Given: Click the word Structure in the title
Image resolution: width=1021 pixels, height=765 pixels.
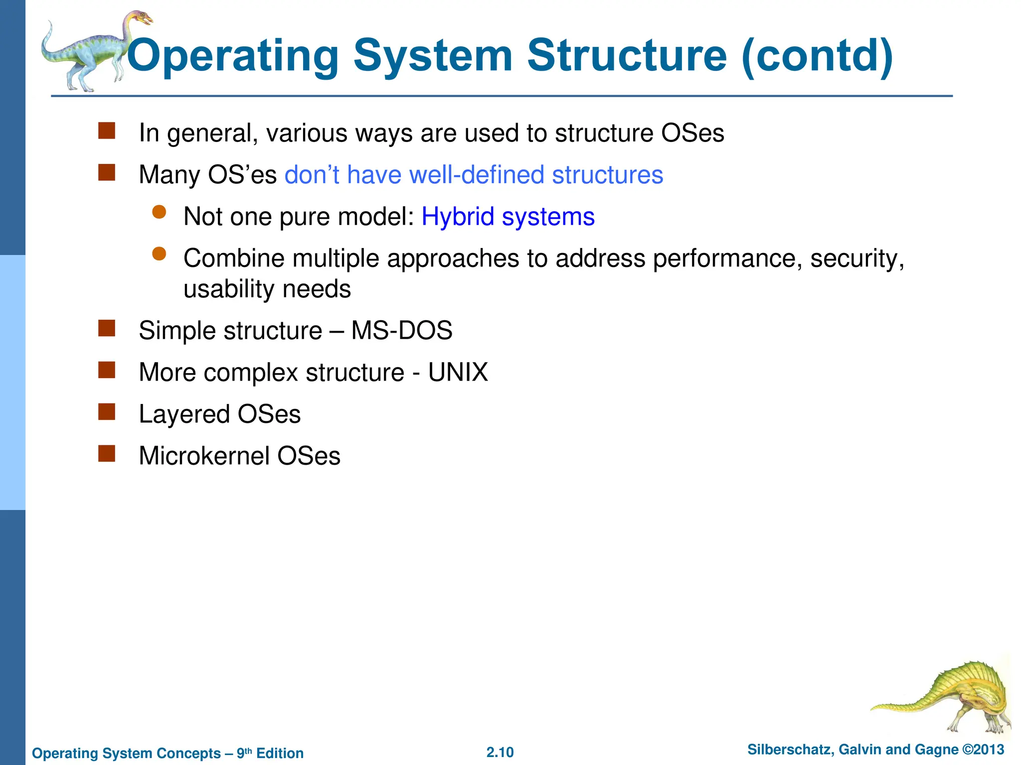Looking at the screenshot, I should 627,56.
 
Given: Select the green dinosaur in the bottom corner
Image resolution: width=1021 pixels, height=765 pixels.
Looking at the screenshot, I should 947,697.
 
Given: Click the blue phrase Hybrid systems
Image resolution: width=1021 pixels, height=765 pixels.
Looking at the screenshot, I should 508,217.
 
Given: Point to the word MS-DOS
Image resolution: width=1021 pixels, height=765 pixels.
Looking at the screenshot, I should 402,331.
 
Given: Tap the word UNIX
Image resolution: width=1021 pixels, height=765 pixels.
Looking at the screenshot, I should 458,373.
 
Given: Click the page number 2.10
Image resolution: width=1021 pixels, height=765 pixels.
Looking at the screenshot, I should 500,752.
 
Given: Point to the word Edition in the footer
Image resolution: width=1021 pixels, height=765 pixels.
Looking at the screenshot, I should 280,753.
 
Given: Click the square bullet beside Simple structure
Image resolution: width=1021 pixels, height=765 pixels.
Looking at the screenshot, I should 107,329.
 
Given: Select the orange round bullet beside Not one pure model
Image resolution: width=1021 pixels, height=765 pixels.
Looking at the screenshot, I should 159,213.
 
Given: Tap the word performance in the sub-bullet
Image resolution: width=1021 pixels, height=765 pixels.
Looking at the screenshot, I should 727,259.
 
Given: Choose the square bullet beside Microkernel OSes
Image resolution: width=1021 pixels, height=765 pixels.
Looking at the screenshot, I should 107,454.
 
